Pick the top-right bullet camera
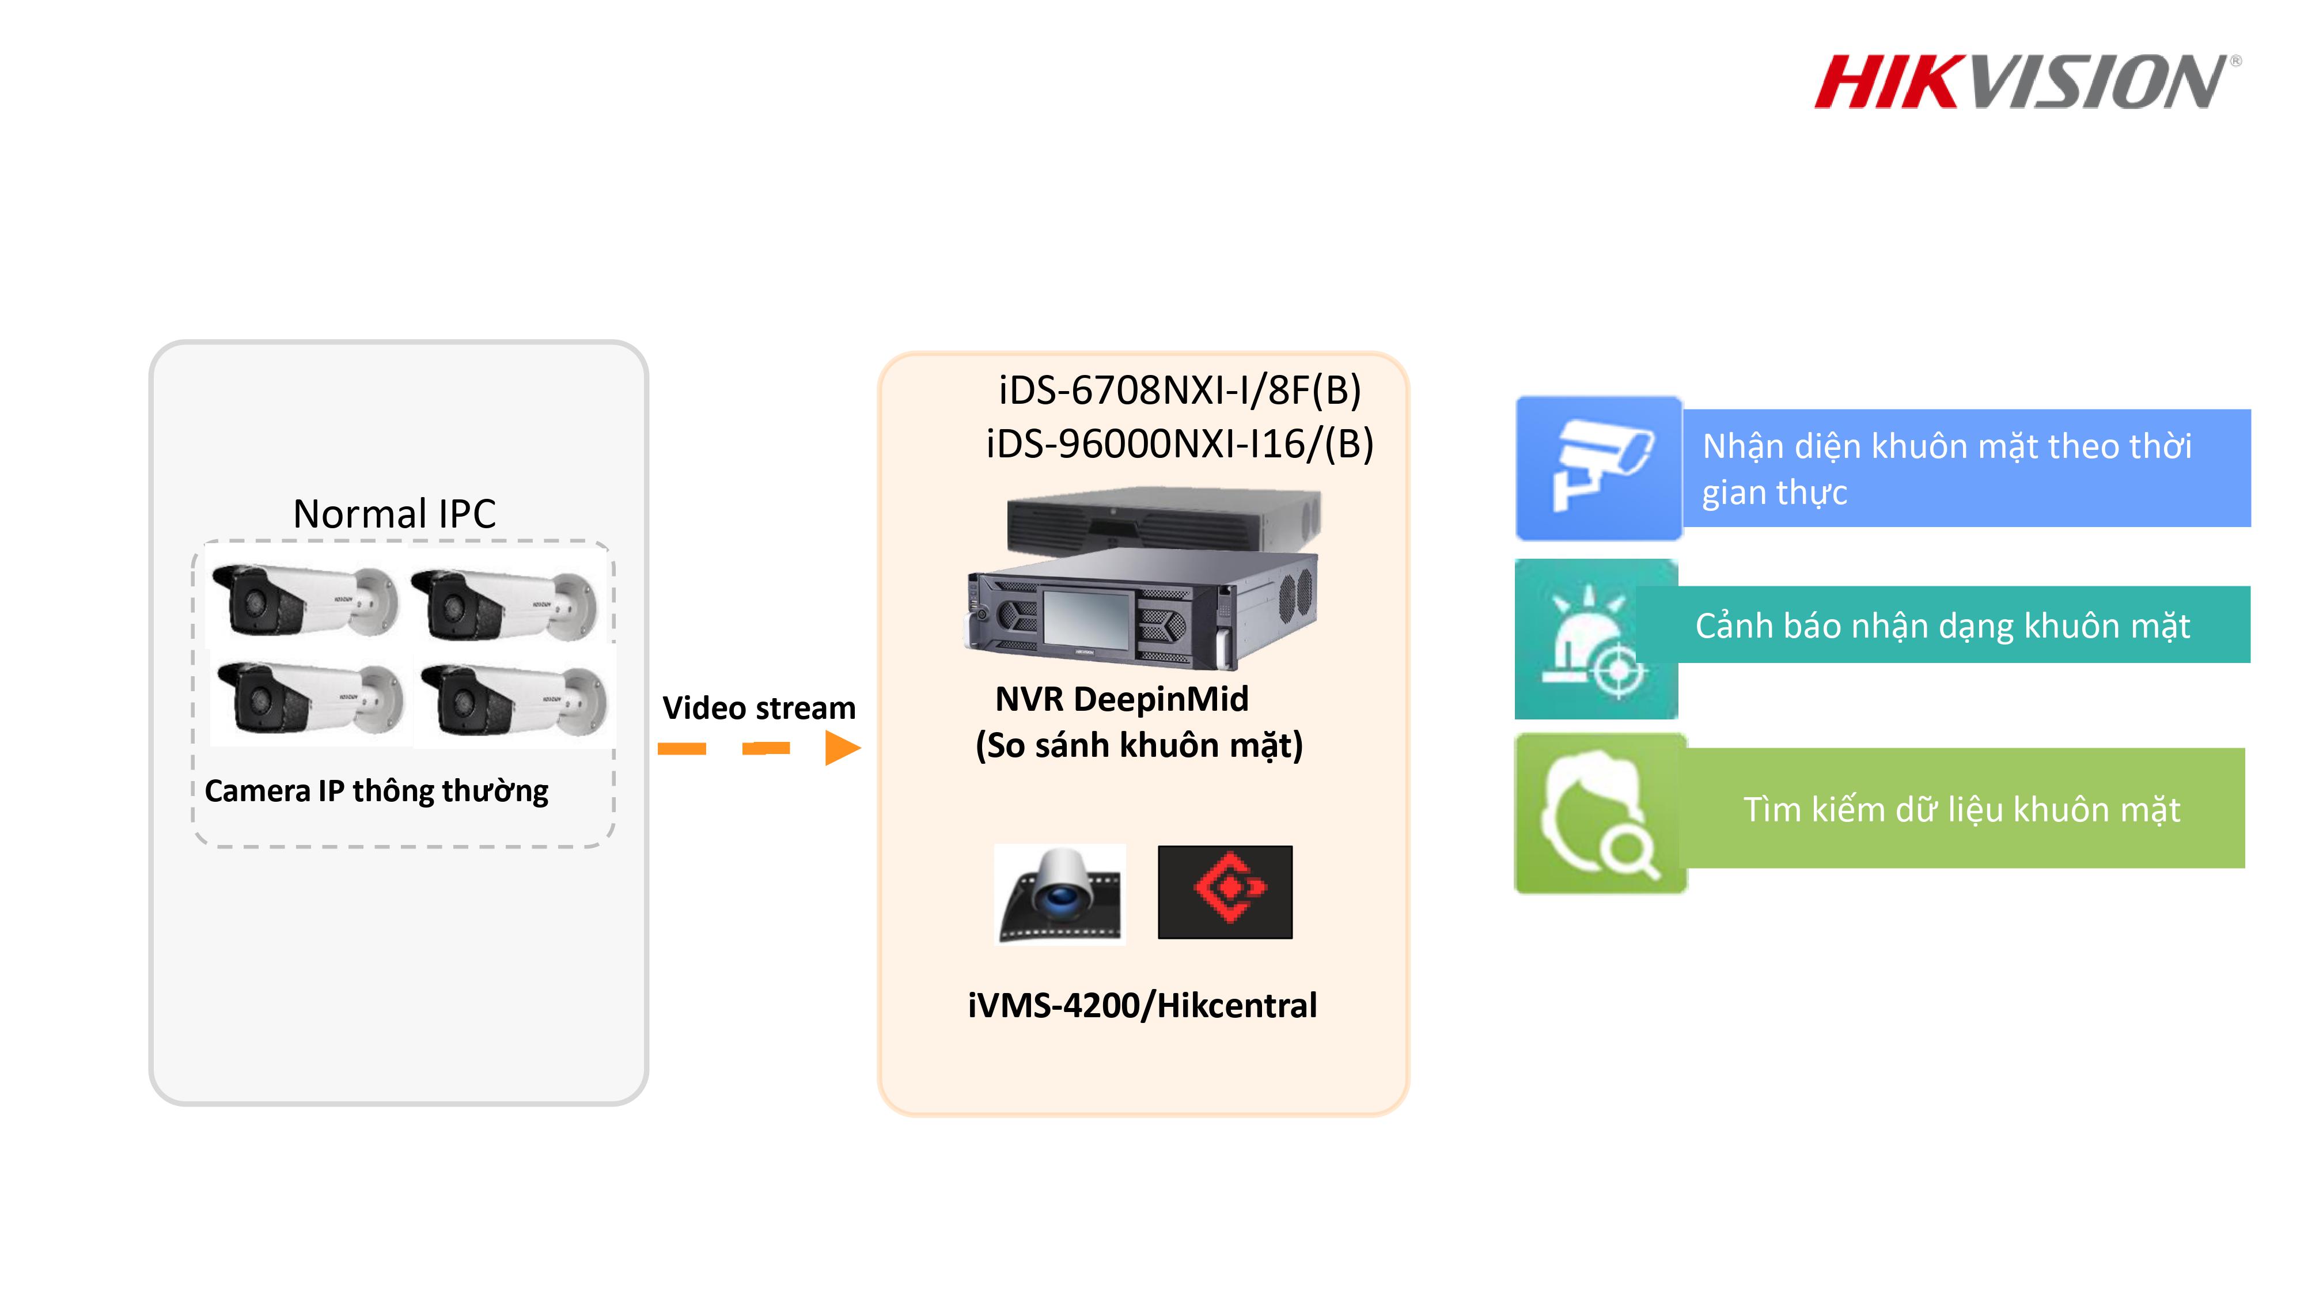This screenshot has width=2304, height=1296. (505, 605)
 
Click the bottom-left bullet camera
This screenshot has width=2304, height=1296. (309, 699)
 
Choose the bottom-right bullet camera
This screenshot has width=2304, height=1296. (514, 701)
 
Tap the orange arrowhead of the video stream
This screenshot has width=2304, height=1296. (842, 748)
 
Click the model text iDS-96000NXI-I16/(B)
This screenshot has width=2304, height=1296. (1179, 444)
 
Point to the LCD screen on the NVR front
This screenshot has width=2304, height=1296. (1087, 617)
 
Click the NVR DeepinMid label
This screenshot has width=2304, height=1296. (1121, 699)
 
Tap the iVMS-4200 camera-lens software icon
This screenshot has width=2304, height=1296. (1060, 893)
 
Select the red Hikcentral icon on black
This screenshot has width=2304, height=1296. (1225, 892)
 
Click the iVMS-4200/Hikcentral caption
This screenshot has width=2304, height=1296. (1142, 1005)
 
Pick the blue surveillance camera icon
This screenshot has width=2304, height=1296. (1599, 468)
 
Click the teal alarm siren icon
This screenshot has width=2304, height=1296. (1596, 639)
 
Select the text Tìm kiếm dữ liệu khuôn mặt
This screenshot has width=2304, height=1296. (1961, 809)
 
